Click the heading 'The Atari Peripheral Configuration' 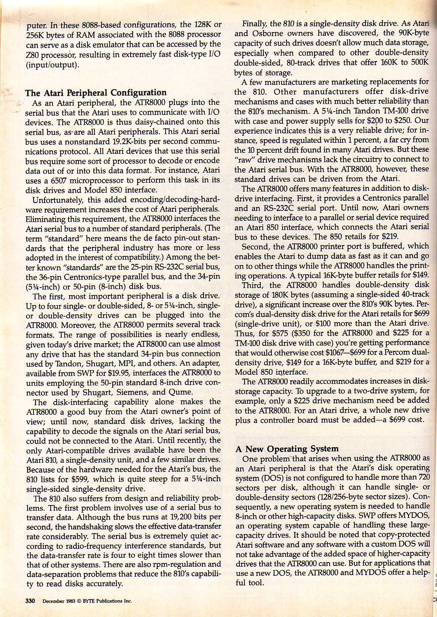96,93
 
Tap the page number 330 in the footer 30,601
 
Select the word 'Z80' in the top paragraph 32,54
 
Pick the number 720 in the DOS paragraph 423,477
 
